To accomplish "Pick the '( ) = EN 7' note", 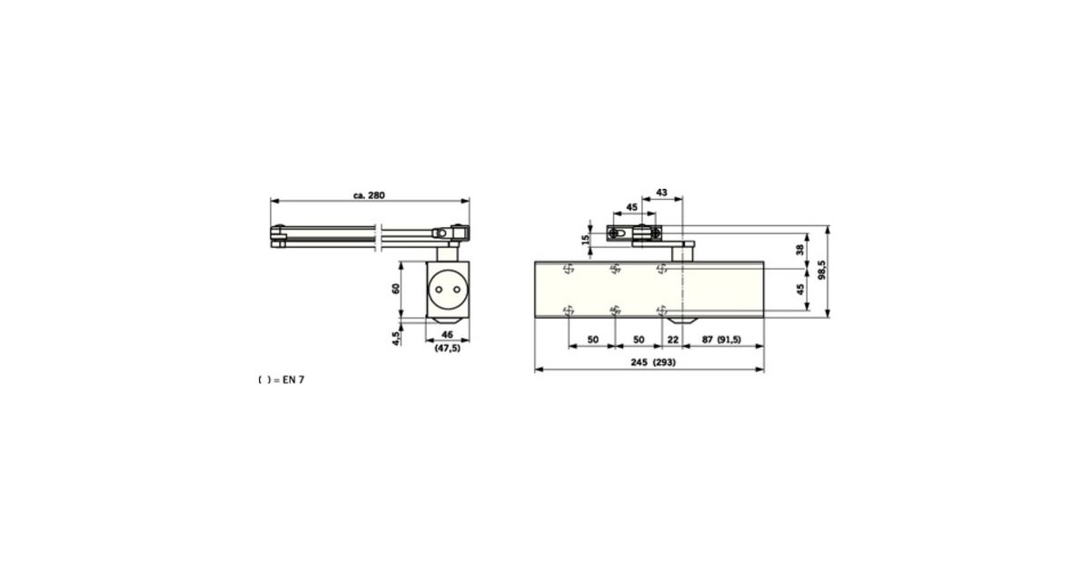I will coord(282,380).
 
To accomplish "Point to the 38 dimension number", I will coord(799,249).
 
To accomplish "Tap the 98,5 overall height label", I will coord(821,272).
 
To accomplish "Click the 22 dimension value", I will coord(672,339).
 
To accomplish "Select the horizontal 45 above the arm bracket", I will coord(630,208).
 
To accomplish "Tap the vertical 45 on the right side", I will coord(799,290).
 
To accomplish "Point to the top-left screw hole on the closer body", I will coord(569,268).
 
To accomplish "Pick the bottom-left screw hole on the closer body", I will coord(569,310).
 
